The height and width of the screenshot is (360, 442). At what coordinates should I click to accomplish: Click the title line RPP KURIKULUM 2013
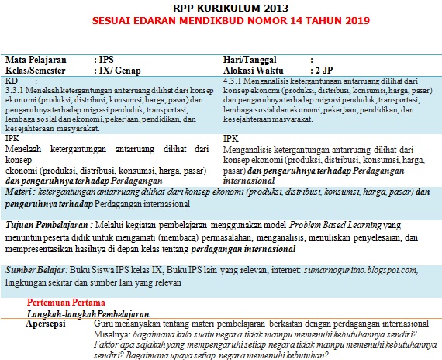tap(220, 7)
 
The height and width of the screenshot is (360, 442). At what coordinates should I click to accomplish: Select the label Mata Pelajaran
tap(36, 59)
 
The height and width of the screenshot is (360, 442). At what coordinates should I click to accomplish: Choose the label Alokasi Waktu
tap(259, 69)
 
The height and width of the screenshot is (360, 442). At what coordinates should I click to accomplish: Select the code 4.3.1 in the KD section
tap(233, 81)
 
